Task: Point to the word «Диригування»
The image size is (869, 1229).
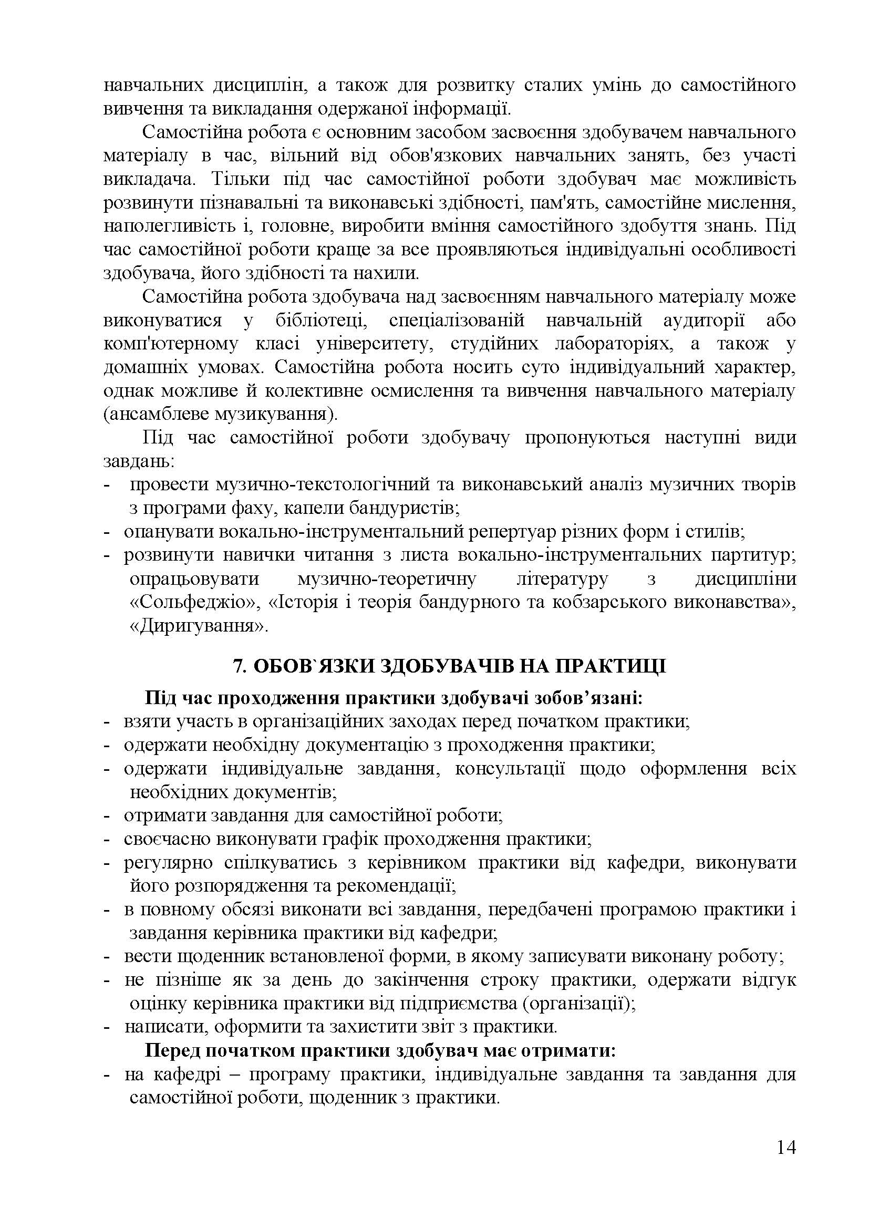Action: [199, 626]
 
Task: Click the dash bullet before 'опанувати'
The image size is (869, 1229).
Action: [107, 532]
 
